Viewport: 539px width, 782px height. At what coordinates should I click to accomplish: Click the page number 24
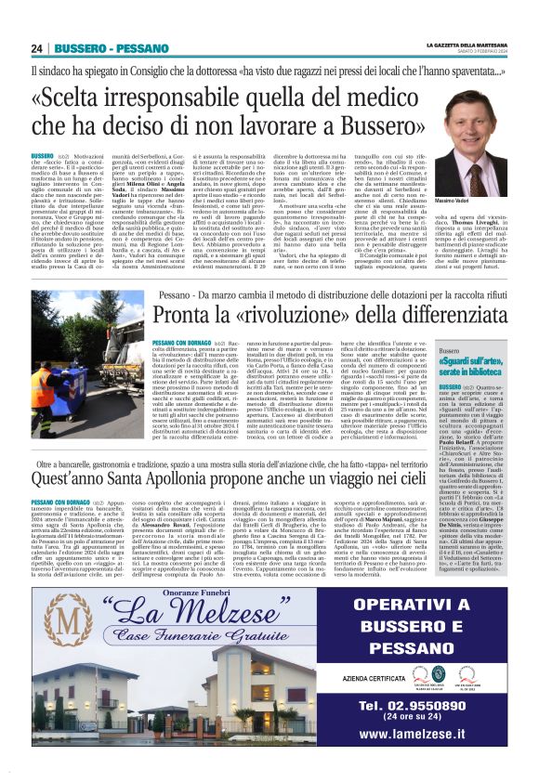[37, 48]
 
